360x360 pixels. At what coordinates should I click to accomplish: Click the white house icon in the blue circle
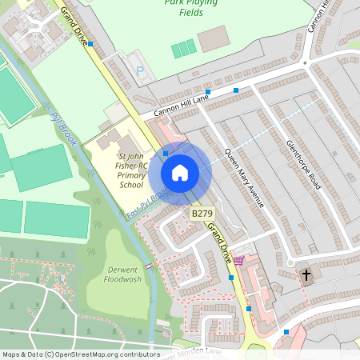[180, 172]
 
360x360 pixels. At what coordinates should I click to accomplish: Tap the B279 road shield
[202, 214]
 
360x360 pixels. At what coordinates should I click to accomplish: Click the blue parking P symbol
[141, 71]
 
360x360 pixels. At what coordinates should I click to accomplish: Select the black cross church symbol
[306, 274]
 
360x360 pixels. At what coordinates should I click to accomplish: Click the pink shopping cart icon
[238, 260]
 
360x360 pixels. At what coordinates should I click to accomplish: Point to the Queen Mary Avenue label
[244, 178]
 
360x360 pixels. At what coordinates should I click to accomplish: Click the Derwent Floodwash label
[123, 274]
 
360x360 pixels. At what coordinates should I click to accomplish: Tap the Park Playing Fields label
[194, 7]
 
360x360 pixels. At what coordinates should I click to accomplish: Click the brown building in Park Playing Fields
[213, 39]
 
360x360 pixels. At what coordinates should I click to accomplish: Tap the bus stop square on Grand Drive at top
[90, 44]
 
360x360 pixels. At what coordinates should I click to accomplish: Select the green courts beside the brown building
[183, 49]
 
